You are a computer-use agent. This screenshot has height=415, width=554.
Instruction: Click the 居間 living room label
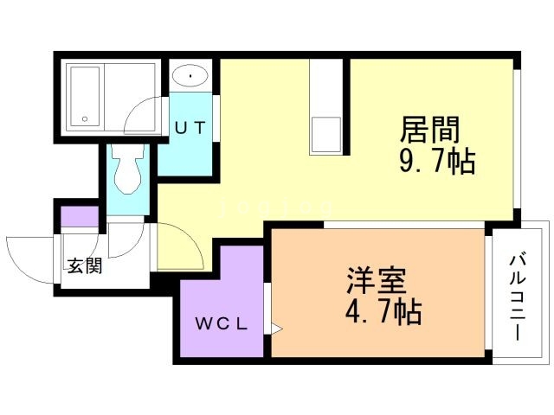(430, 129)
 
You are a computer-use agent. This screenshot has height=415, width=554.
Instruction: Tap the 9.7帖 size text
(437, 161)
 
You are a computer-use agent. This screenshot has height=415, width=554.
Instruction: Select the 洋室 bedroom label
(376, 280)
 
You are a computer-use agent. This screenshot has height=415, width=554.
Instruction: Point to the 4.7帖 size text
(383, 312)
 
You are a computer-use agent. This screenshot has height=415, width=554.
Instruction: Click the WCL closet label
(222, 323)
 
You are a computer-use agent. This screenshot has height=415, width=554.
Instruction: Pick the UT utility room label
(190, 128)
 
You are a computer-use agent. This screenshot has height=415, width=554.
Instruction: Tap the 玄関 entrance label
(85, 265)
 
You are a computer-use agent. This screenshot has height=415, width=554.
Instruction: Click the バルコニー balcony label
(518, 297)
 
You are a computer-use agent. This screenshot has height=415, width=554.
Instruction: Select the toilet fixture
(127, 169)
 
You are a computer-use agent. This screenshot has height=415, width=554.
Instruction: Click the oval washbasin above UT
(190, 75)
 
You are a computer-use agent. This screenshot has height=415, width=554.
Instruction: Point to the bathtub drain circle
(85, 119)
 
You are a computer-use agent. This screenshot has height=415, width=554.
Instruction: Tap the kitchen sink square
(325, 135)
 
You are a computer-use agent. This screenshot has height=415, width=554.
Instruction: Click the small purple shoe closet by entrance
(80, 216)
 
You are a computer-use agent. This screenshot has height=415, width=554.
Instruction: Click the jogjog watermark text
(276, 207)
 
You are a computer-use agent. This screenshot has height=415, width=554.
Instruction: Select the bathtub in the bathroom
(85, 97)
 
